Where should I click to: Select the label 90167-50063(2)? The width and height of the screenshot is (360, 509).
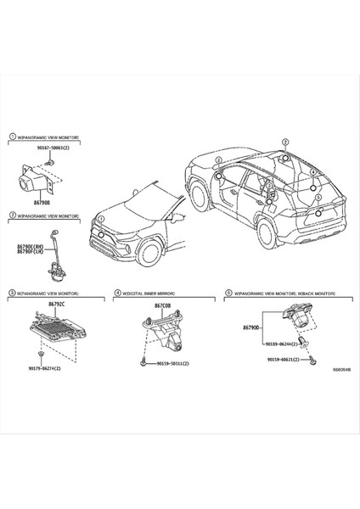point(53,148)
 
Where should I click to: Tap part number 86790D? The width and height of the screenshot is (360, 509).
point(251,327)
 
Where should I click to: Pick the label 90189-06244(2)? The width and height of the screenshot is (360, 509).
point(279,343)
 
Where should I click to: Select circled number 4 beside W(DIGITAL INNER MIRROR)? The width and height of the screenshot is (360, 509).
point(117,293)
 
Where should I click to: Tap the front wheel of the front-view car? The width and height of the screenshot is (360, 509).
point(150,251)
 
